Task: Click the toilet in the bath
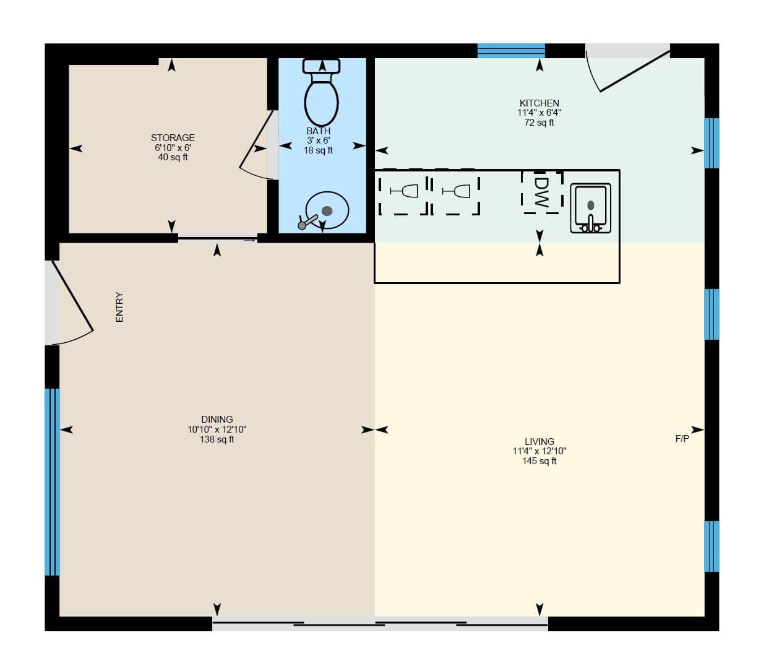tap(321, 92)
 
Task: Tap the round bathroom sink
tap(326, 210)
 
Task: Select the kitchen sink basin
tap(590, 208)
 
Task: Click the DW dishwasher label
tap(541, 192)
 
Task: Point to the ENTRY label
tap(119, 307)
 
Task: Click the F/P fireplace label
tap(682, 439)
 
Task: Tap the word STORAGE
tap(173, 137)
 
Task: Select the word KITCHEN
tap(539, 103)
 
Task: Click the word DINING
tap(217, 419)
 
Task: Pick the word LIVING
tap(539, 442)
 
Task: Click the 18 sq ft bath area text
tap(319, 150)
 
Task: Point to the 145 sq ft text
tap(539, 461)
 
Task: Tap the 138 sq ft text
tap(217, 439)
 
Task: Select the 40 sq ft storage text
tap(173, 157)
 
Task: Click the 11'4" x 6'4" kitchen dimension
tap(539, 113)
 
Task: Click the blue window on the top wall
tap(511, 51)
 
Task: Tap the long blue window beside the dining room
tap(52, 482)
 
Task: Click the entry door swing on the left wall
tap(71, 303)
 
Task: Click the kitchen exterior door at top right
tap(628, 67)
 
